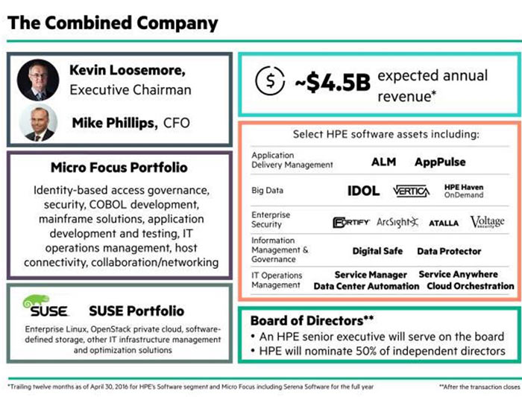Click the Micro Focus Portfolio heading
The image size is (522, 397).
(119, 168)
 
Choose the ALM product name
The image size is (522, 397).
(383, 162)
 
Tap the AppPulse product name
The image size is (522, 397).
(440, 162)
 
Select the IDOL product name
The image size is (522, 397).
(363, 191)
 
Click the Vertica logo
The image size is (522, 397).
(411, 191)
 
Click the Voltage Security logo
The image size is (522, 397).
(487, 222)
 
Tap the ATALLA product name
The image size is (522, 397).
(444, 223)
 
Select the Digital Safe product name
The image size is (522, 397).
(377, 252)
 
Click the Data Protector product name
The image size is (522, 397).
(449, 252)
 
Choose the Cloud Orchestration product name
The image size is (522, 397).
(470, 286)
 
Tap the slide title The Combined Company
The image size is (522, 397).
(113, 22)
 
